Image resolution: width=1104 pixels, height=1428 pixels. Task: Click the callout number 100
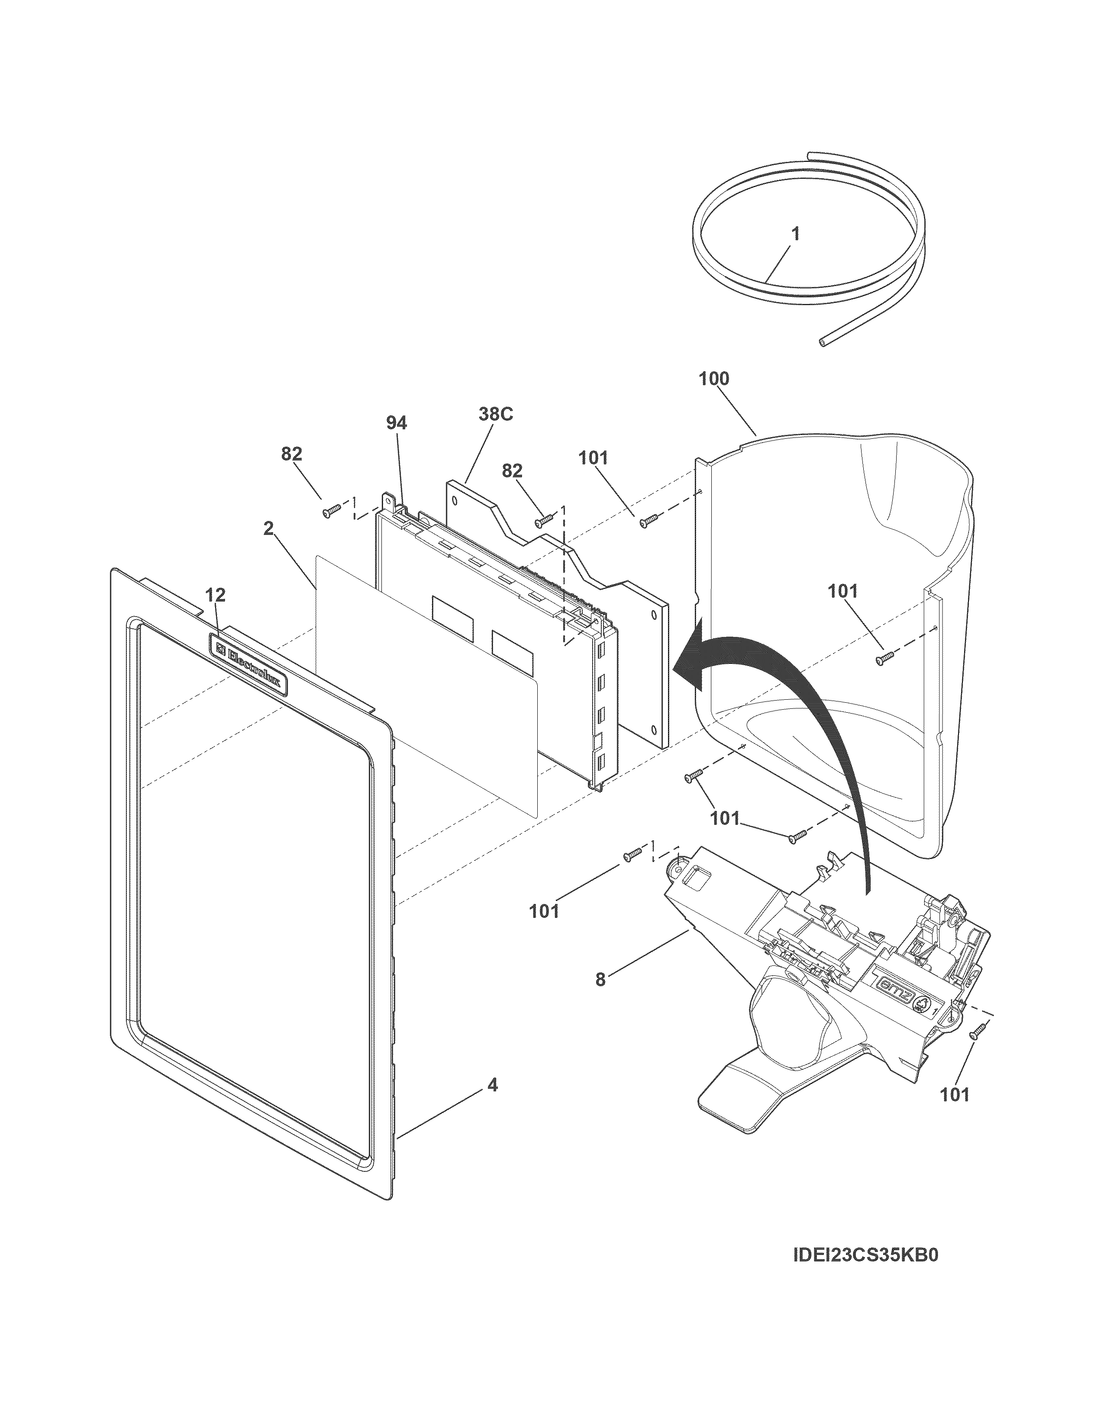(x=713, y=379)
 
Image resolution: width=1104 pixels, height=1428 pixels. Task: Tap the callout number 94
(x=396, y=423)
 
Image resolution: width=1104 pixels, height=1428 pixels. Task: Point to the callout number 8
(x=600, y=998)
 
